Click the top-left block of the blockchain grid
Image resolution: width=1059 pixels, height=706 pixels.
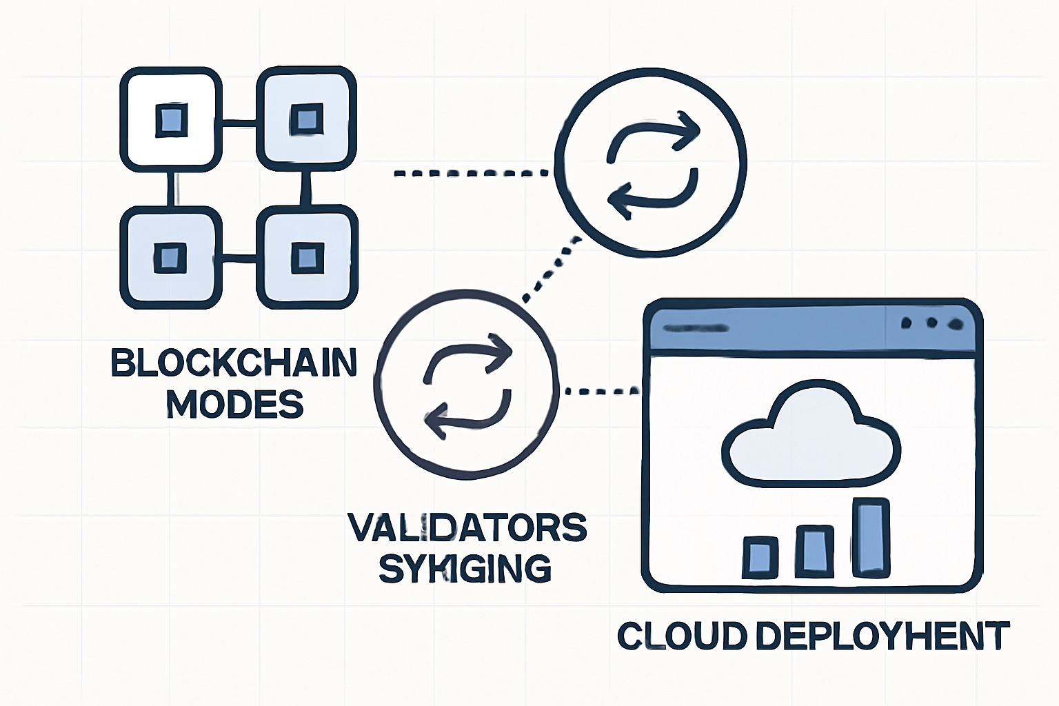(171, 119)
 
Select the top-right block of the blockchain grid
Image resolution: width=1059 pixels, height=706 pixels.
(306, 119)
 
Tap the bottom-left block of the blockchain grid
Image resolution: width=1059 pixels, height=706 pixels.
(171, 257)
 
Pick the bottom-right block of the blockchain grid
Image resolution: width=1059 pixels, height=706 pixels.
(306, 257)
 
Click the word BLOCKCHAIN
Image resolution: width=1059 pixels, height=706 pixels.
(234, 363)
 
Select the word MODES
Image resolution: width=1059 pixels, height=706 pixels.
(234, 404)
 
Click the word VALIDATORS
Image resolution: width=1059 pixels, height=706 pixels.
(467, 528)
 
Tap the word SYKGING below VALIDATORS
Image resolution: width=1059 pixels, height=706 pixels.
(465, 569)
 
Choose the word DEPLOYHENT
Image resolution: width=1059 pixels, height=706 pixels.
(882, 636)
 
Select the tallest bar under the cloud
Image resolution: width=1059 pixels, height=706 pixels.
(871, 538)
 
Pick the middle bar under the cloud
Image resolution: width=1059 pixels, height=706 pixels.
(814, 551)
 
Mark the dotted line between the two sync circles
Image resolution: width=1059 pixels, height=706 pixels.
(552, 268)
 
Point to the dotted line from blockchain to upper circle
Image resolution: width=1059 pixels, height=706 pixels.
(472, 173)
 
